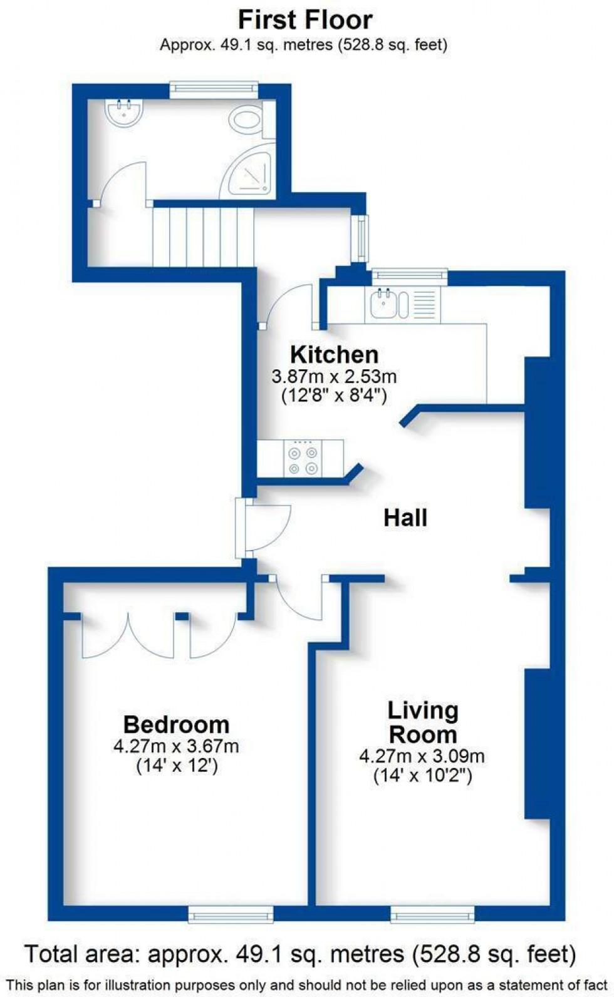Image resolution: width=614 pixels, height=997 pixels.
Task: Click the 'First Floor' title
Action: point(305,20)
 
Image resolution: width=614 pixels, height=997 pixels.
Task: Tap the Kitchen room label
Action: point(334,355)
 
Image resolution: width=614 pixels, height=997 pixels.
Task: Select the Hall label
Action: point(405,518)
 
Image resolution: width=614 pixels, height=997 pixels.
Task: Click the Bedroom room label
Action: point(176,725)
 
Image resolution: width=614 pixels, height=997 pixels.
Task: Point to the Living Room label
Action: point(423,722)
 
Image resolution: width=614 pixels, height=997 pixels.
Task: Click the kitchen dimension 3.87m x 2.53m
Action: point(334,377)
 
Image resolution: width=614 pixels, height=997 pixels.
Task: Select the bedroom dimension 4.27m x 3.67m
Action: point(176,746)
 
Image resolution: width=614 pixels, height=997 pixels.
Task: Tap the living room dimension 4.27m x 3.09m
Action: point(422,756)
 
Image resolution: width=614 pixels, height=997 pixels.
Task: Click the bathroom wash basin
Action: point(124,113)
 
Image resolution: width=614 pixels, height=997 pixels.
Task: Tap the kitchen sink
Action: point(383,305)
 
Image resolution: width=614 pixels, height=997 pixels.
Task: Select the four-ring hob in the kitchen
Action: point(303,459)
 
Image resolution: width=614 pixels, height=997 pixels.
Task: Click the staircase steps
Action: point(203,237)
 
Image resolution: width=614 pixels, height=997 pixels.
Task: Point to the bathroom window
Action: point(214,89)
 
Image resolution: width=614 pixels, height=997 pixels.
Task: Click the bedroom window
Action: point(231,914)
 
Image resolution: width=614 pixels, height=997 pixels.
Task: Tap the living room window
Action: point(432,914)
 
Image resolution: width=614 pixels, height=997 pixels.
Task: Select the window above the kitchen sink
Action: point(410,275)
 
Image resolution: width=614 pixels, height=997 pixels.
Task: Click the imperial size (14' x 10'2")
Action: point(422,776)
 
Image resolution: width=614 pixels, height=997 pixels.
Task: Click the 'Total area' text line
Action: point(300,954)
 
